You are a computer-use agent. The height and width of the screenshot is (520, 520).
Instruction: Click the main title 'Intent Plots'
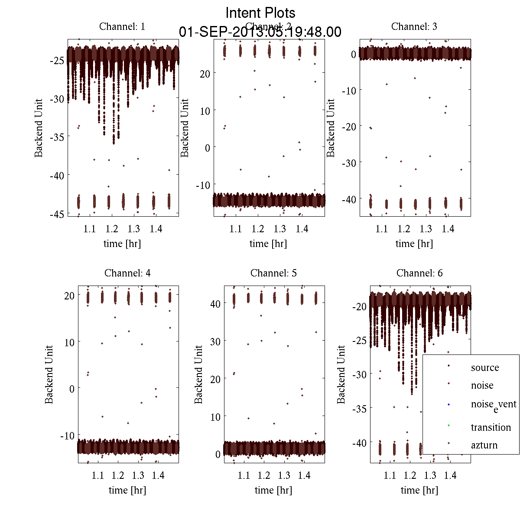coord(260,13)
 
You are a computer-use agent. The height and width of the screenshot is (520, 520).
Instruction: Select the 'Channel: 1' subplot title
coord(122,26)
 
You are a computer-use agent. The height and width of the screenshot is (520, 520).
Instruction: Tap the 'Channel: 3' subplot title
coord(414,26)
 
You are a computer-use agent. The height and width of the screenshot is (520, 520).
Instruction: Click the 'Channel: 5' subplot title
coord(273,273)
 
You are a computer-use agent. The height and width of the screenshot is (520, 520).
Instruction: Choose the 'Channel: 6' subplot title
coord(419,273)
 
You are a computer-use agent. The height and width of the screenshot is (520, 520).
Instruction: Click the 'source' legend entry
coord(485,367)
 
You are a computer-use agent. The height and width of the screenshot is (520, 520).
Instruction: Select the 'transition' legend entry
coord(491,427)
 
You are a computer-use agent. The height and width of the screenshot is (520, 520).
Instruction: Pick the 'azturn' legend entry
coord(484,445)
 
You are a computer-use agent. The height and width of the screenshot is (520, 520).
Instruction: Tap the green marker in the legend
coord(448,426)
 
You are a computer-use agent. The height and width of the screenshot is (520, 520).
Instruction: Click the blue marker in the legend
coord(448,404)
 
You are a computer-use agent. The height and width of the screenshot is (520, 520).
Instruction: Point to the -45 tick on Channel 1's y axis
coord(58,214)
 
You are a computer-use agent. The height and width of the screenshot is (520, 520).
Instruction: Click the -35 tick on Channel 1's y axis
coord(58,137)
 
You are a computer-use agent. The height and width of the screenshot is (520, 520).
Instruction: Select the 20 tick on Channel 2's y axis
coord(205,74)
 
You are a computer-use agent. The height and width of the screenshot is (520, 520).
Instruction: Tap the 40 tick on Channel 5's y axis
coord(215,304)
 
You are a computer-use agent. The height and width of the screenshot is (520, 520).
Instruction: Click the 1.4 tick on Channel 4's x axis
coord(158,475)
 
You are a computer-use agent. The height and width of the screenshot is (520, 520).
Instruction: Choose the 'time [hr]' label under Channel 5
coord(273,490)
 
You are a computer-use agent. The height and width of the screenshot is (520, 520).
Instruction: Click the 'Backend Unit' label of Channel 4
coord(49,374)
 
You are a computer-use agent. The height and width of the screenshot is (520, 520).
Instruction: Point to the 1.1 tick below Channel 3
coord(382,229)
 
